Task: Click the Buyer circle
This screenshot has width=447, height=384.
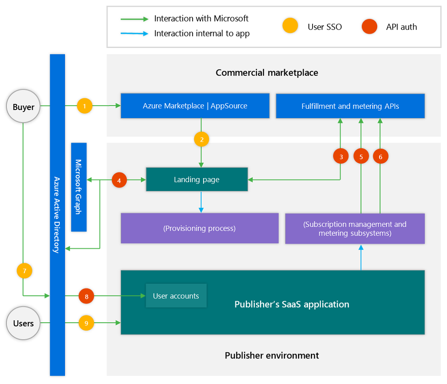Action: (x=23, y=108)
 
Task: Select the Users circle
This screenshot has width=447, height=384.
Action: (x=23, y=323)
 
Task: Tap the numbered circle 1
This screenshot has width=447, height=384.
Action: (x=85, y=106)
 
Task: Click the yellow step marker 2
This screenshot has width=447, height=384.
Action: (x=202, y=139)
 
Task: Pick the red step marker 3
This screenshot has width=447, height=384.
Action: (x=341, y=156)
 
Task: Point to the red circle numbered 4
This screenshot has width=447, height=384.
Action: (x=119, y=180)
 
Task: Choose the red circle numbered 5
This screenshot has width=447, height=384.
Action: (x=361, y=156)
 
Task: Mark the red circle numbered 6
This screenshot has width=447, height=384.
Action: (x=380, y=156)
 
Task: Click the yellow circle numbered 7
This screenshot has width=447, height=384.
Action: (x=24, y=271)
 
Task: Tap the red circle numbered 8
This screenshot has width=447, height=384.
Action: (x=86, y=296)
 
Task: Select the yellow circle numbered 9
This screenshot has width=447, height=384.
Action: (x=86, y=323)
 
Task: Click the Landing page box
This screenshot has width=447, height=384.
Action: (x=197, y=179)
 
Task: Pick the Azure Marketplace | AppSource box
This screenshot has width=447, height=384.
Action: (x=195, y=106)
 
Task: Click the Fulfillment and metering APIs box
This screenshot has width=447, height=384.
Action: (x=350, y=106)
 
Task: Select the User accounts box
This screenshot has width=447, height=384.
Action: (x=176, y=296)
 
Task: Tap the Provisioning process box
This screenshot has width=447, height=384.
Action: (x=200, y=228)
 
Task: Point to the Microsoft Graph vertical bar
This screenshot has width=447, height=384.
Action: (x=79, y=187)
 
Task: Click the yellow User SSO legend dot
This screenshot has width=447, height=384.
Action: (x=290, y=27)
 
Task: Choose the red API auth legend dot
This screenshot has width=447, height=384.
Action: (x=369, y=27)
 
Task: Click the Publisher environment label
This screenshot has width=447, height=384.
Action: (x=272, y=356)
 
